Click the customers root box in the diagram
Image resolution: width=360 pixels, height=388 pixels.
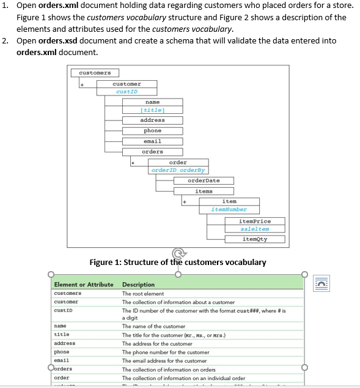click(x=94, y=73)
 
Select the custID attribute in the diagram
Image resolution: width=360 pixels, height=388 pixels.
click(x=127, y=92)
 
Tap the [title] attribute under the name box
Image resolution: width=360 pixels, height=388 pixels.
click(x=152, y=110)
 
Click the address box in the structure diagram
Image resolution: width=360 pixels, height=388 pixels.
click(x=152, y=120)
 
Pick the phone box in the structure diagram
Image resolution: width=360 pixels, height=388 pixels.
click(x=152, y=130)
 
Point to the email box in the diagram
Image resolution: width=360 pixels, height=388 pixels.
click(x=152, y=141)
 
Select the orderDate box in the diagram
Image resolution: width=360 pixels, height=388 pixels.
click(x=204, y=181)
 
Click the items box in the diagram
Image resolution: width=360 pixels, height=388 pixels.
click(x=204, y=191)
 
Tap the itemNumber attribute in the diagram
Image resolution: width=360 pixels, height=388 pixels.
click(x=229, y=209)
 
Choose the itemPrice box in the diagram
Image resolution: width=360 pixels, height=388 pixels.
click(x=254, y=221)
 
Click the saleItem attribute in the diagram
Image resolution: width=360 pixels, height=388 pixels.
click(x=254, y=229)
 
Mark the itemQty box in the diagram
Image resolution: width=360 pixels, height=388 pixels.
click(x=254, y=239)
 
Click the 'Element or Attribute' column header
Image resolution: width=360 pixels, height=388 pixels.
click(x=84, y=285)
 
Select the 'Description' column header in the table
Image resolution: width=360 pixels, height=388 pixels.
click(x=138, y=285)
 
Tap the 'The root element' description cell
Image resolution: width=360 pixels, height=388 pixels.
click(x=143, y=294)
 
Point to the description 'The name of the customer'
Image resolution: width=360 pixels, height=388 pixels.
click(x=153, y=326)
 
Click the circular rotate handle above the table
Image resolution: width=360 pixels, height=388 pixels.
click(x=178, y=253)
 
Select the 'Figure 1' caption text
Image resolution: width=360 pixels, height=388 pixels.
click(x=178, y=263)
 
